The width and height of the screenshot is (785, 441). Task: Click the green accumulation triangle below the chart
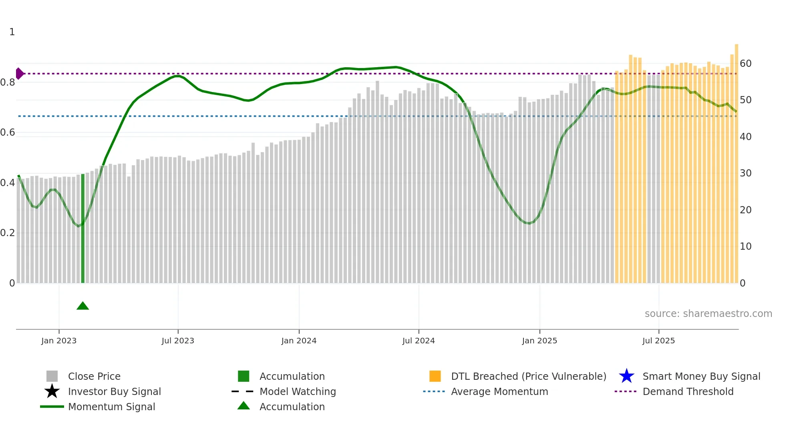pos(83,306)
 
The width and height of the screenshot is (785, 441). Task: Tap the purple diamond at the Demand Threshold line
pos(19,74)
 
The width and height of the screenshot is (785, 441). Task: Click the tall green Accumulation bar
pos(83,228)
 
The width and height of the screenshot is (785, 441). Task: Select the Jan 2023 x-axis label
pos(59,341)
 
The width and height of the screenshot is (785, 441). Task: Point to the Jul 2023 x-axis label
pos(178,341)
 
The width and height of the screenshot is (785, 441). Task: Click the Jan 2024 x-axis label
pos(299,341)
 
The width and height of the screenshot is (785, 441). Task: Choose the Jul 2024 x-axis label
pos(419,341)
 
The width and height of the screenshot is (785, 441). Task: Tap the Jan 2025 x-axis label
pos(539,341)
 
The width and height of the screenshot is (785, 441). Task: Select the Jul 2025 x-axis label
pos(658,341)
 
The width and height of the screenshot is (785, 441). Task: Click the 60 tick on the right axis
pos(745,64)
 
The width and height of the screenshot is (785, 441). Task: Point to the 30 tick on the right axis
pos(745,173)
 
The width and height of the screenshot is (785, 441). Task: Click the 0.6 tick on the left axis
pos(8,132)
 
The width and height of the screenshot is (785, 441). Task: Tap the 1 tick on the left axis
pos(12,32)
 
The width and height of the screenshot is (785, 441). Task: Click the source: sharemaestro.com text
pos(708,314)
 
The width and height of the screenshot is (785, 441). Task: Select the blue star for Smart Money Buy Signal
pos(626,376)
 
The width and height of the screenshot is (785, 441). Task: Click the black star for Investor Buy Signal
pos(52,391)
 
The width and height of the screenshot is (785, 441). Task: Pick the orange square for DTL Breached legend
pos(435,376)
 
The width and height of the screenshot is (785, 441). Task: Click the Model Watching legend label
pos(298,391)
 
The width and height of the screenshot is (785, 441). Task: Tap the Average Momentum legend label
pos(499,391)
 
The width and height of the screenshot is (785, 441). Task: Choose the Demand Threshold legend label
pos(688,391)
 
